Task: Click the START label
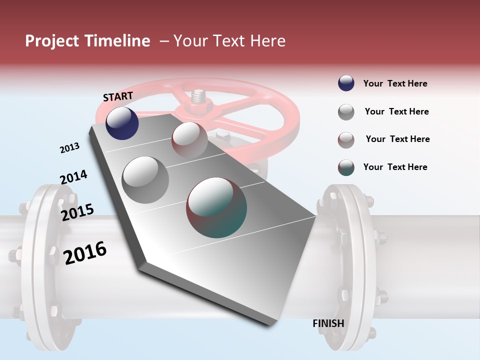[118, 96]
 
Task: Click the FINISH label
[328, 323]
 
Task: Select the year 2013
[69, 147]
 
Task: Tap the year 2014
[73, 177]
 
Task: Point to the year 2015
[77, 212]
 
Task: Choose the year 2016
[85, 252]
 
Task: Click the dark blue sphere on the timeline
[122, 123]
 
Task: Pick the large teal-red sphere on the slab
[216, 207]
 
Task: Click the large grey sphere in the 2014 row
[145, 179]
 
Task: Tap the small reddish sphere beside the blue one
[189, 139]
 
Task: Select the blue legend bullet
[346, 83]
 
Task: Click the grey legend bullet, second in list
[346, 112]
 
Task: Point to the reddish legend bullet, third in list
[346, 140]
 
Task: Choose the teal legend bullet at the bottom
[346, 167]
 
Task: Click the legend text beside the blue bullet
[395, 83]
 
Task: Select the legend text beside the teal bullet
[395, 167]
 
